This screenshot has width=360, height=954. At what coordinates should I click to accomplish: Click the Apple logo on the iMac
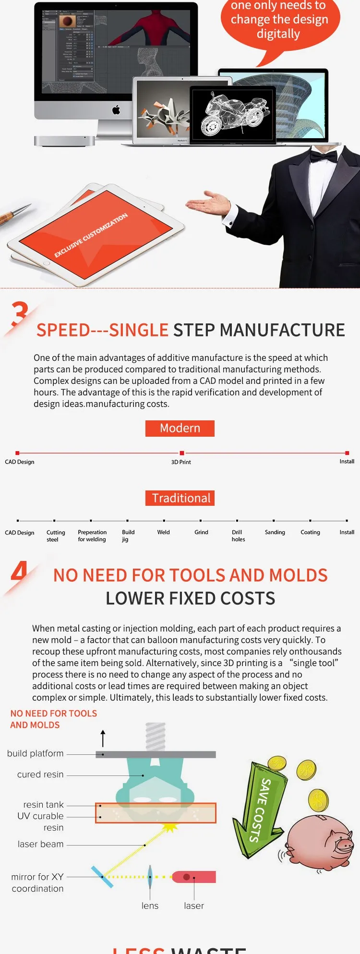[116, 110]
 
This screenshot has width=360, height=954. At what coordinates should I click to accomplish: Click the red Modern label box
[180, 428]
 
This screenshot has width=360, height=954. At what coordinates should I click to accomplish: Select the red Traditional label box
[180, 498]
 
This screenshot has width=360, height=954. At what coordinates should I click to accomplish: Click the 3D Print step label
[181, 462]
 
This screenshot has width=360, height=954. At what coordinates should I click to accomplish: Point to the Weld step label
[163, 532]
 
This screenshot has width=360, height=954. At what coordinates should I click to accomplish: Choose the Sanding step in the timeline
[275, 532]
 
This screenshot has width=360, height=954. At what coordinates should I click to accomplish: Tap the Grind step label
[201, 532]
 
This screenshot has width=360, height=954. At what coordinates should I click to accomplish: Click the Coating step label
[310, 532]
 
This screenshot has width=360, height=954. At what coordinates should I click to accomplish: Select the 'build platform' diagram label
[36, 754]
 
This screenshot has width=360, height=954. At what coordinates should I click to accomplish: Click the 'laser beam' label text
[41, 844]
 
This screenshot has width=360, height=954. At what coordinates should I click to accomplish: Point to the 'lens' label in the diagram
[150, 906]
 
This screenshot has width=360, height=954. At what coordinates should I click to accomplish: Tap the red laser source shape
[194, 877]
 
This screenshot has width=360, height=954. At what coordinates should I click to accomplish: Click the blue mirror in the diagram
[102, 877]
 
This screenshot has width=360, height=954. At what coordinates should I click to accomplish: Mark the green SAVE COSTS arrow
[260, 811]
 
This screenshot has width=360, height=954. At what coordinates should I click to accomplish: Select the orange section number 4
[19, 572]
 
